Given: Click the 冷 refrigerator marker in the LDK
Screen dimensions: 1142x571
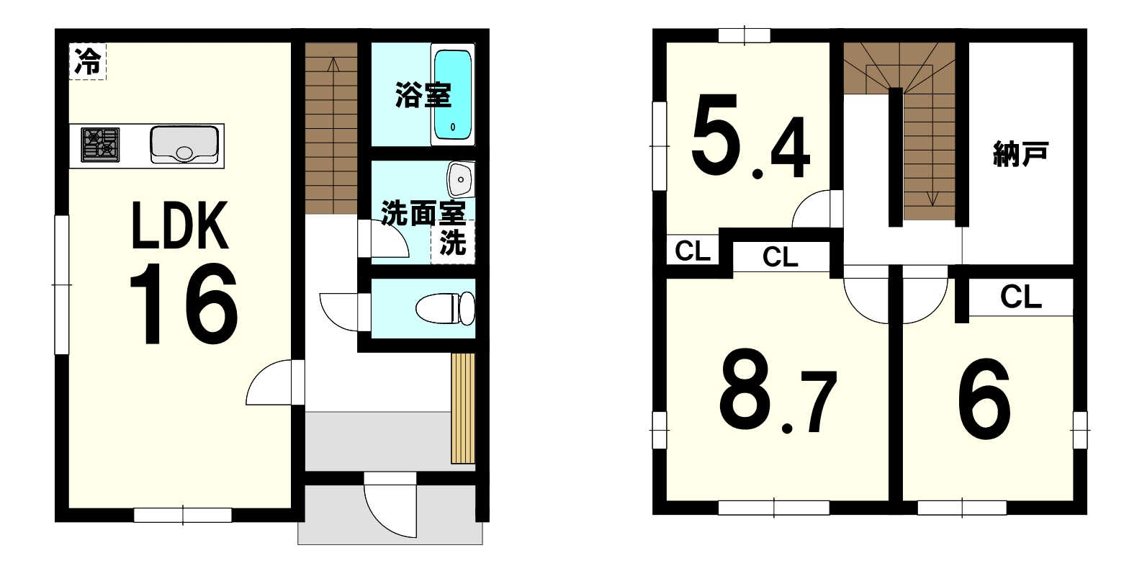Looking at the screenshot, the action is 88,62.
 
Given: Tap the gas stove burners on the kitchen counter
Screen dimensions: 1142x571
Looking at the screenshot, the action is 100,145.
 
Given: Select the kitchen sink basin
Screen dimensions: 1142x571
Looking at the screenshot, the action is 184,144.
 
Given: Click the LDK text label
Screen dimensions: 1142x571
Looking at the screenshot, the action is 180,226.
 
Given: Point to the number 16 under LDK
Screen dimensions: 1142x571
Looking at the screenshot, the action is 184,305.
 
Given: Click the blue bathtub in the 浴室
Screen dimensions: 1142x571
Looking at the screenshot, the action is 453,94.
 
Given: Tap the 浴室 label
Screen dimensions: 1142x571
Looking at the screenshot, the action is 423,95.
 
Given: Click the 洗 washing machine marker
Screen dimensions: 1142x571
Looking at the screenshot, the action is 453,242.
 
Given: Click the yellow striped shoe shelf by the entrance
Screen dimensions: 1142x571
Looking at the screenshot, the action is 463,408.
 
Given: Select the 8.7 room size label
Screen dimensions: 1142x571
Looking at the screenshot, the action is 778,390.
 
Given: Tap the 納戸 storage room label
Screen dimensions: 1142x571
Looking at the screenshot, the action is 1020,154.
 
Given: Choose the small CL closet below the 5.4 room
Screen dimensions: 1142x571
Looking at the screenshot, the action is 693,251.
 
